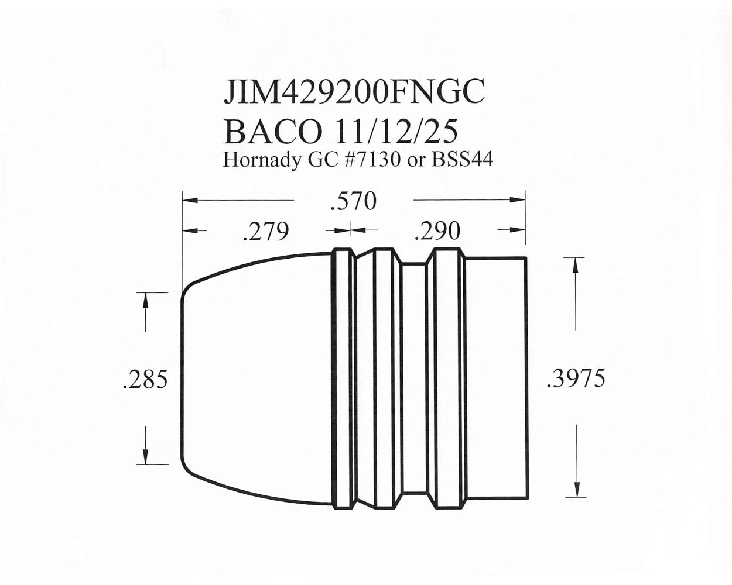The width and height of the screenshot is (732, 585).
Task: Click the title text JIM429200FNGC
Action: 354,94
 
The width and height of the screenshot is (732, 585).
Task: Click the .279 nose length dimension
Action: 265,232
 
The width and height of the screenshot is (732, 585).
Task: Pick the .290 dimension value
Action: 436,231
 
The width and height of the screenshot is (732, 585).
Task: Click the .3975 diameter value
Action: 574,378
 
